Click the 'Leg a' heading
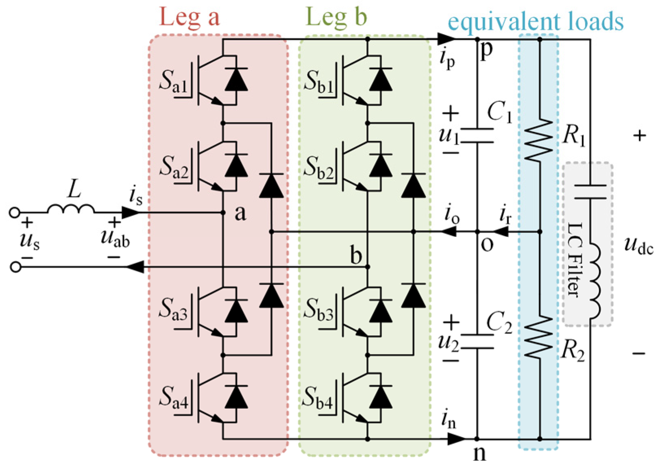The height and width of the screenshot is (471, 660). click(189, 17)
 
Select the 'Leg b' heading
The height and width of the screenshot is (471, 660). click(336, 17)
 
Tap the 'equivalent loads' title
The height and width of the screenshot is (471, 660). click(536, 21)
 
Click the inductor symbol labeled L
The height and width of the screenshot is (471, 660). click(71, 209)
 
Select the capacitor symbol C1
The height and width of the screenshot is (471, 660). click(477, 136)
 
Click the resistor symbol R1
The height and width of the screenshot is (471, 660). click(539, 140)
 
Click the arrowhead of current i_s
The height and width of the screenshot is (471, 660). click(131, 212)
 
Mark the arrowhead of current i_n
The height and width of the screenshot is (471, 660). click(456, 439)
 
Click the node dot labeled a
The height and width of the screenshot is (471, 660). click(223, 212)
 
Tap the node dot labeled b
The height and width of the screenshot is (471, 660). click(368, 267)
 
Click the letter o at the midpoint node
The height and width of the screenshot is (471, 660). click(487, 245)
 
